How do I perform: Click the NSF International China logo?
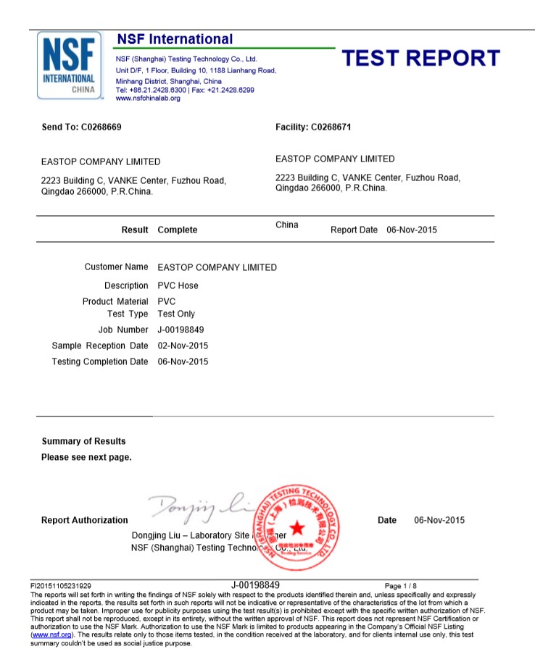coord(70,66)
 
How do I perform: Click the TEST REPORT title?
coord(420,59)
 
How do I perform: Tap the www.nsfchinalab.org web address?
coord(148,98)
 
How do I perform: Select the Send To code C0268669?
coord(101,127)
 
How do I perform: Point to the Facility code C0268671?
coord(331,127)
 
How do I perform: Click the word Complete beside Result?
coord(177,230)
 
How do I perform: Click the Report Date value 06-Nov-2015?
coord(412,230)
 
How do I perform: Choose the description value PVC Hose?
coord(178,285)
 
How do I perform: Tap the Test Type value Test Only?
coord(176,314)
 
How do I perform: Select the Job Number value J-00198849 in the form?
coord(182,330)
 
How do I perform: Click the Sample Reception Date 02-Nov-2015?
coord(183,346)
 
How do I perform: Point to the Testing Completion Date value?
coord(183,361)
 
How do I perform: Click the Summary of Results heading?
coord(83,441)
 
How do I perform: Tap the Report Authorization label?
coord(84,520)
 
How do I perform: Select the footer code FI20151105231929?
coord(61,585)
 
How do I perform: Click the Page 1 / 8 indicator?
coord(401,585)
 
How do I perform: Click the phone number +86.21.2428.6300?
coord(156,90)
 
